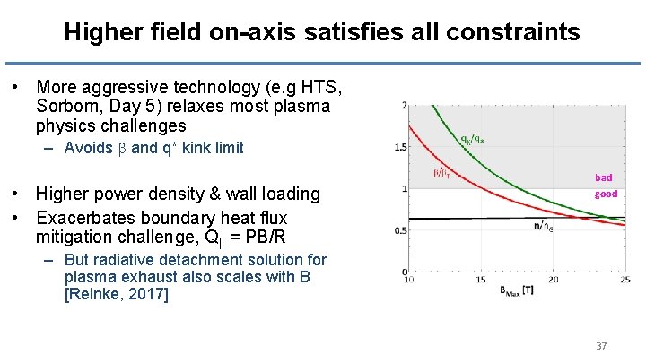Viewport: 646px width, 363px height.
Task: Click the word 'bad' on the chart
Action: click(x=603, y=177)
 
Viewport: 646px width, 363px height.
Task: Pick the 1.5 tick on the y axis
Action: click(x=399, y=147)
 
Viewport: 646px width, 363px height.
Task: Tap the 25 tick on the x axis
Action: click(x=624, y=281)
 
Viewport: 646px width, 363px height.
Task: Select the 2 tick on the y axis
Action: click(x=404, y=106)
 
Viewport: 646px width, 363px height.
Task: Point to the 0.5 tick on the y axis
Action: click(x=399, y=230)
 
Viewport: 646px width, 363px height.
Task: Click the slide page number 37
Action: click(x=601, y=345)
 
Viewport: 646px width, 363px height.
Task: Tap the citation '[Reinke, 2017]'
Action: click(x=117, y=294)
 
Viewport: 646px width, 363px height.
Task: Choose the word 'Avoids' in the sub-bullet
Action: click(x=87, y=148)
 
